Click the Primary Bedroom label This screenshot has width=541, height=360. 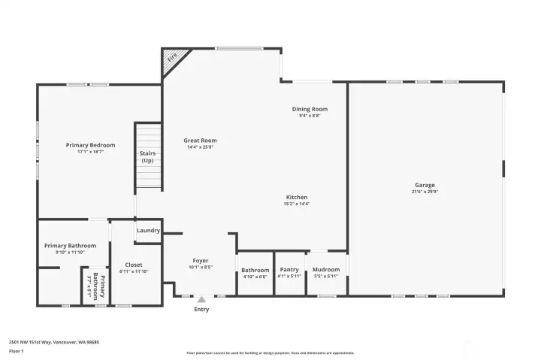click(x=90, y=145)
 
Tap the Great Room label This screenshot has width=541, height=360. click(x=201, y=141)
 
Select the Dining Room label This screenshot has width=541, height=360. click(x=310, y=109)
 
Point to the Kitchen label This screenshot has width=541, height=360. click(x=297, y=197)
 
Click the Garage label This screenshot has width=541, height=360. click(x=425, y=185)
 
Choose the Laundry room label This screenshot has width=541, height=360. click(x=148, y=231)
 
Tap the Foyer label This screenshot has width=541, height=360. click(x=200, y=260)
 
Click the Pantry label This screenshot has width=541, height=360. click(x=289, y=270)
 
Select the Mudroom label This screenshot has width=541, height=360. click(x=326, y=270)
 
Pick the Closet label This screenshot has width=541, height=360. click(x=134, y=265)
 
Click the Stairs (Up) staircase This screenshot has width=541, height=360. click(x=148, y=158)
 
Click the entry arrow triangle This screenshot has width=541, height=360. click(x=201, y=299)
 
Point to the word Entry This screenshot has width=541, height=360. click(x=201, y=310)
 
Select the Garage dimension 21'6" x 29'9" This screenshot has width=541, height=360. click(x=425, y=192)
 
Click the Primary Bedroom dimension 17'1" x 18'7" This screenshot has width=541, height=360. click(x=90, y=152)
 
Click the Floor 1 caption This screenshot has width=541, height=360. click(x=17, y=351)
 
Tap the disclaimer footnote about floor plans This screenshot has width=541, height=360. click(x=270, y=352)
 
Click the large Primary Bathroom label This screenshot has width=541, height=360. click(x=70, y=246)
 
